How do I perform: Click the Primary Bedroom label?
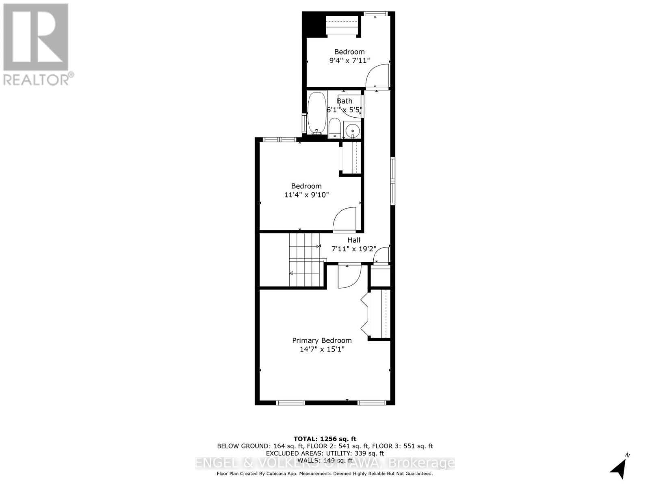pyautogui.click(x=322, y=340)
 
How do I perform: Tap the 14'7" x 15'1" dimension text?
pyautogui.click(x=322, y=349)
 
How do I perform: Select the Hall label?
pyautogui.click(x=353, y=240)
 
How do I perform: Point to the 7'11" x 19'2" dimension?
pyautogui.click(x=353, y=249)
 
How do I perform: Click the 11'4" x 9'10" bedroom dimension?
pyautogui.click(x=306, y=195)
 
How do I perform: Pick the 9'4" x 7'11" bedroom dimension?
pyautogui.click(x=349, y=60)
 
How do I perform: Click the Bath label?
pyautogui.click(x=344, y=101)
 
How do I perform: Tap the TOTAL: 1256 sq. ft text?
pyautogui.click(x=325, y=439)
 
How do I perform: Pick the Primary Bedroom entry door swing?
pyautogui.click(x=349, y=276)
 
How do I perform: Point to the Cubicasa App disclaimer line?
pyautogui.click(x=325, y=474)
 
